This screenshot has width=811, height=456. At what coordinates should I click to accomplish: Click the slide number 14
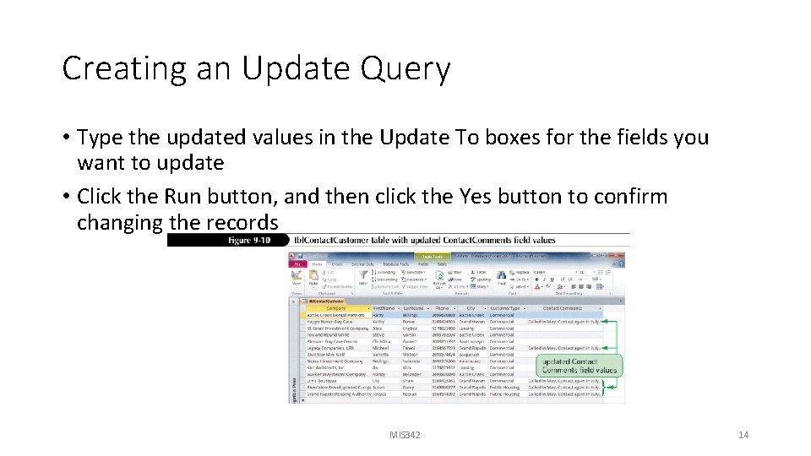click(743, 435)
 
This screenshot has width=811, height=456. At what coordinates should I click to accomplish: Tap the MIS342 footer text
click(404, 435)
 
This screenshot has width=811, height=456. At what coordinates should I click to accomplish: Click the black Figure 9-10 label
click(229, 240)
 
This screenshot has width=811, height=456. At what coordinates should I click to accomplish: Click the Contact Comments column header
click(562, 308)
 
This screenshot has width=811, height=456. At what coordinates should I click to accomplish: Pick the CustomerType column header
click(506, 308)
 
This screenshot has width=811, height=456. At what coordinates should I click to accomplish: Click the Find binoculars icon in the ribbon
click(502, 275)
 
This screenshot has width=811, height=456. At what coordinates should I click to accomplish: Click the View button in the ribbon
click(297, 277)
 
